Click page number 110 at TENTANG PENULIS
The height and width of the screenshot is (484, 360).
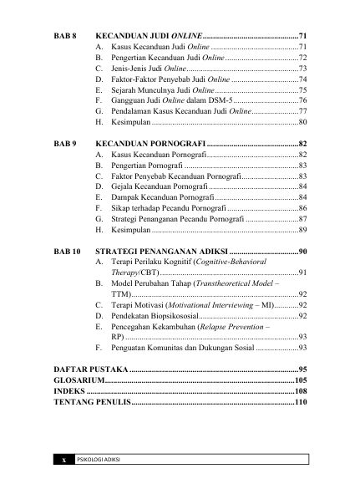point(302,403)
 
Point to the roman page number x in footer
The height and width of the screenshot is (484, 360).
point(63,461)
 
